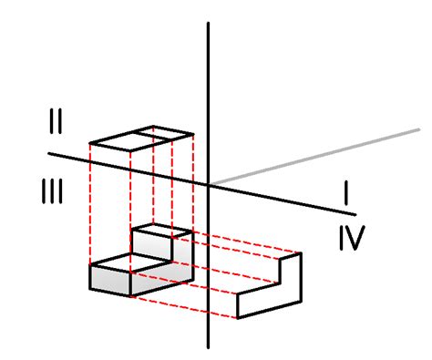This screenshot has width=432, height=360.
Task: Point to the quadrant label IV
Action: coord(350,239)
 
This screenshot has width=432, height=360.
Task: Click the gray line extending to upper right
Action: coord(319,156)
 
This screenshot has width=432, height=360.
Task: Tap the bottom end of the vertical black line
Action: coord(211,346)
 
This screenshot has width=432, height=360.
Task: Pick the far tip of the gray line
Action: coord(418,130)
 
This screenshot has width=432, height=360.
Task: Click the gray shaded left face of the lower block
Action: coord(109,282)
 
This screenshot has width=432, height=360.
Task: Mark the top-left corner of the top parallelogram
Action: coord(90,144)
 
